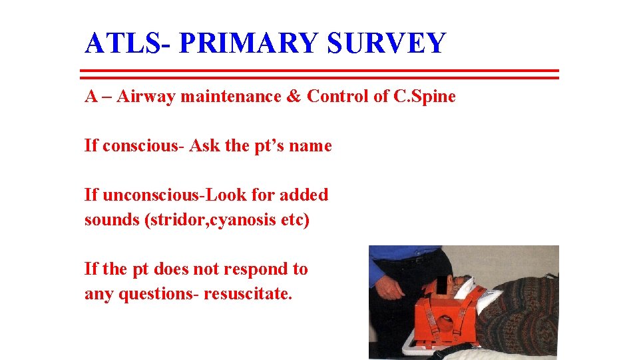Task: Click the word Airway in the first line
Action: pos(145,97)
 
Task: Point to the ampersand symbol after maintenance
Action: pos(294,97)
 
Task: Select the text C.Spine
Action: pos(425,97)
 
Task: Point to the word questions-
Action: pos(158,294)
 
